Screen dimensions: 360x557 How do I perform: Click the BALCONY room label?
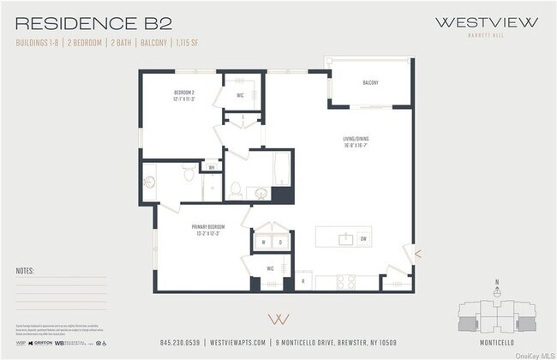(x=370, y=83)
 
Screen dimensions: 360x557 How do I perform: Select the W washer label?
(x=264, y=242)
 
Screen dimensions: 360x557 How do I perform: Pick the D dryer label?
(x=281, y=242)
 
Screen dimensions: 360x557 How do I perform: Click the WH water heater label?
(x=211, y=168)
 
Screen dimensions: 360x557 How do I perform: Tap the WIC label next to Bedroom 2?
(x=241, y=95)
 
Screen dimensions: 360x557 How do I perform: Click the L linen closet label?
(x=243, y=117)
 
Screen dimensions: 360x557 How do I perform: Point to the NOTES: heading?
(x=26, y=270)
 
